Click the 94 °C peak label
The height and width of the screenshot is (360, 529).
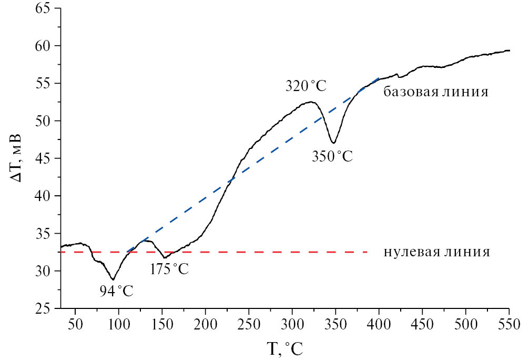pyautogui.click(x=116, y=289)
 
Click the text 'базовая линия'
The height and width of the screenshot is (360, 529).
pyautogui.click(x=436, y=92)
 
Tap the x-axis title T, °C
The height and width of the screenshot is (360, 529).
pyautogui.click(x=284, y=348)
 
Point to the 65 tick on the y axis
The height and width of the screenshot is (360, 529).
pyautogui.click(x=45, y=8)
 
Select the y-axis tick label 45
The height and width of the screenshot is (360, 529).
pyautogui.click(x=45, y=158)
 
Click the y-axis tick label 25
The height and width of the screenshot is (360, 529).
pyautogui.click(x=45, y=308)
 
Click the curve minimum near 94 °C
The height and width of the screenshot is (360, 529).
pyautogui.click(x=113, y=279)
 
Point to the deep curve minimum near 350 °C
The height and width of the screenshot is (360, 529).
pyautogui.click(x=333, y=143)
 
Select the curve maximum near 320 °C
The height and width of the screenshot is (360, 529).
pyautogui.click(x=311, y=102)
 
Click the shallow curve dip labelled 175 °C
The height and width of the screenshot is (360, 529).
pyautogui.click(x=165, y=257)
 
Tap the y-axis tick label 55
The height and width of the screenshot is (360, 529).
pyautogui.click(x=45, y=84)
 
